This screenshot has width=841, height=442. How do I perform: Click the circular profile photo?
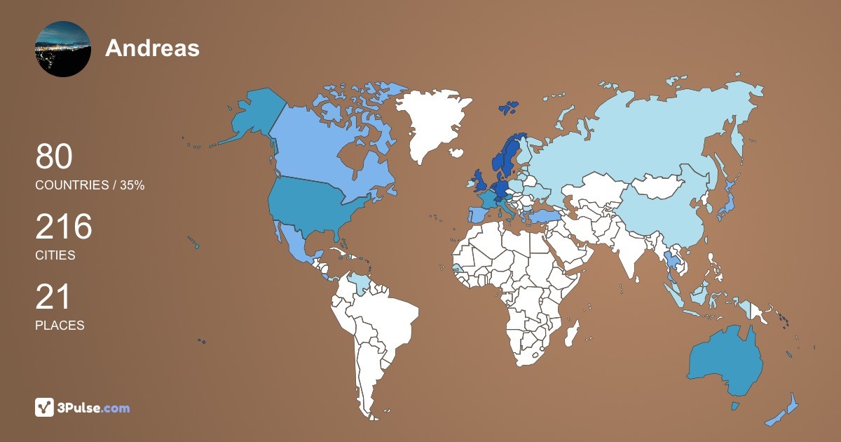(62, 48)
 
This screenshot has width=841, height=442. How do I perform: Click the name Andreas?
(152, 48)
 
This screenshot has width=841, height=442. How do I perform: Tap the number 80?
(54, 156)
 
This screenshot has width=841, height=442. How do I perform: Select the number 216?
(64, 227)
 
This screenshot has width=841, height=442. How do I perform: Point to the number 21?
(53, 297)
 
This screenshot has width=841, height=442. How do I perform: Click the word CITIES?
(55, 255)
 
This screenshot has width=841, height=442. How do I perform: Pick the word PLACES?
(60, 326)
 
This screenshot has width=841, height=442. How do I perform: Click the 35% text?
(132, 185)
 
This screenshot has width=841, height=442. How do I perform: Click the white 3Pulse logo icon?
(45, 407)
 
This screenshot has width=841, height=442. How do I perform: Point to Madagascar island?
(573, 333)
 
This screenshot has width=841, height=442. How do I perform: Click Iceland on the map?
(457, 152)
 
